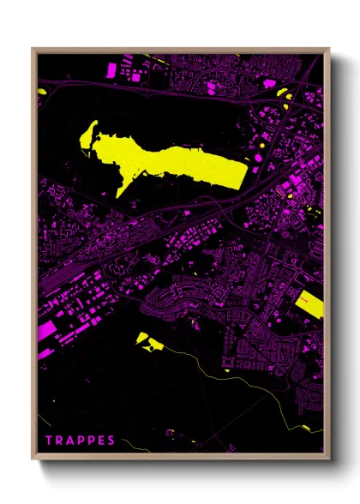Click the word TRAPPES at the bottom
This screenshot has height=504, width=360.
pyautogui.click(x=81, y=441)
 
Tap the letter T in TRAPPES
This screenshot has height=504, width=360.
pyautogui.click(x=50, y=441)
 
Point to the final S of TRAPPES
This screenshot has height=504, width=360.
pyautogui.click(x=111, y=441)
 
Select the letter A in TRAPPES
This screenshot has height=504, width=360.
pyautogui.click(x=70, y=441)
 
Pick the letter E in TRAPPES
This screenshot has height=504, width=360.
pyautogui.click(x=101, y=441)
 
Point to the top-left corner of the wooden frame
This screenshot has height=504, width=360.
pyautogui.click(x=33, y=49)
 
